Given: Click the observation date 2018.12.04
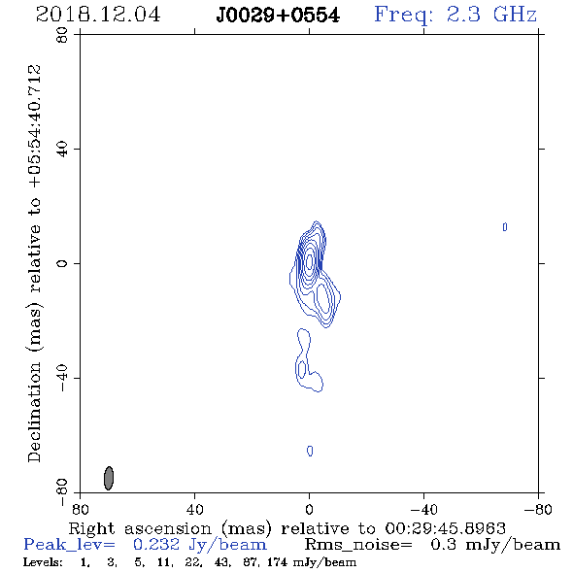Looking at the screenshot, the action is click(98, 15).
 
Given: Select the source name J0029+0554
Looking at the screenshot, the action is click(278, 16).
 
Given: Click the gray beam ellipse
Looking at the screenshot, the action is click(109, 478).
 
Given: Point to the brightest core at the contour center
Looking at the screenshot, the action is click(310, 261).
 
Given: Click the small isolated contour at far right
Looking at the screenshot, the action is click(505, 227).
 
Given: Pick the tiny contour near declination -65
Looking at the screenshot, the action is click(310, 451).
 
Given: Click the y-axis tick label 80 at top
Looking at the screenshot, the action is click(62, 35).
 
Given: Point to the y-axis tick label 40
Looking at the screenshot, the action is click(62, 150).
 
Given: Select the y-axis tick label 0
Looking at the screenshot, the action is click(62, 263).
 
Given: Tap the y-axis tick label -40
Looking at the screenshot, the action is click(62, 378).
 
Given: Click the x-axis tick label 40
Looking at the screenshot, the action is click(194, 509).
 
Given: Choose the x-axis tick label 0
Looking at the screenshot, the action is click(309, 509).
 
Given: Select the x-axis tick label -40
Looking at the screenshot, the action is click(423, 509).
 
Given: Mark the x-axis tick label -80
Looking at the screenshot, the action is click(538, 509).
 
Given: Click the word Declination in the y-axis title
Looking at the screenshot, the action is click(34, 412).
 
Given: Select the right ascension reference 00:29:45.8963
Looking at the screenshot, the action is click(445, 528).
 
